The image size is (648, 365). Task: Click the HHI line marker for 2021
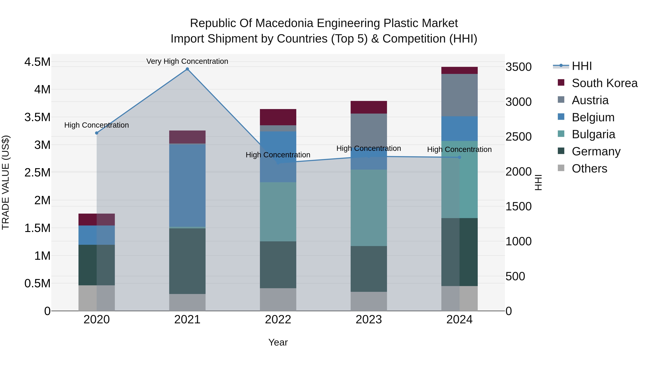[x=187, y=69]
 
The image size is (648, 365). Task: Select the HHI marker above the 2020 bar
[x=97, y=133]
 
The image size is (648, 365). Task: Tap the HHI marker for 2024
[x=459, y=157]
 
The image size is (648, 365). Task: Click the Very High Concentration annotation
[x=187, y=61]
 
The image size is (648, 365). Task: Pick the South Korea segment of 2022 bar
[x=278, y=117]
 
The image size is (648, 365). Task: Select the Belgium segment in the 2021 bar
[x=187, y=185]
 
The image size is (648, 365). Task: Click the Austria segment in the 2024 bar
[x=459, y=95]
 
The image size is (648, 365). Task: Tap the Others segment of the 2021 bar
[x=187, y=302]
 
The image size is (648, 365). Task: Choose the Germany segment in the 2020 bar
[x=97, y=265]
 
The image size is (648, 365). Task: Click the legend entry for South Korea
[x=604, y=83]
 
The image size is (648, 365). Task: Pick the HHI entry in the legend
[x=582, y=66]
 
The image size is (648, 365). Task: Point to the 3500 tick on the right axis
[x=518, y=67]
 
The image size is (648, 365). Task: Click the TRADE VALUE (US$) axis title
[x=6, y=182]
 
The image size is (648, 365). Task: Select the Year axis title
[x=278, y=342]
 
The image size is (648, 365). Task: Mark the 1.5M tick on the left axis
[x=37, y=228]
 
